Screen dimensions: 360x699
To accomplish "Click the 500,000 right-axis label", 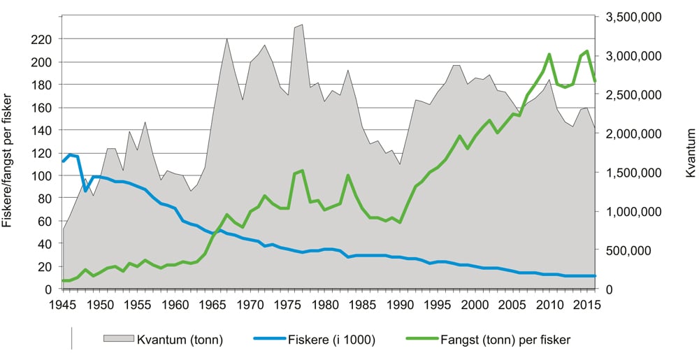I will coord(640,250).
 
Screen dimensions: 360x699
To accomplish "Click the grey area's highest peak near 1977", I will coord(302,25).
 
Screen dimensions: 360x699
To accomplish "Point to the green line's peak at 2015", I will coord(588,51).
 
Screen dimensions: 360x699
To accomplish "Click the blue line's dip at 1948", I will coord(85,191).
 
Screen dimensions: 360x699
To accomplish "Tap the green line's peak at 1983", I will coord(347,175).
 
